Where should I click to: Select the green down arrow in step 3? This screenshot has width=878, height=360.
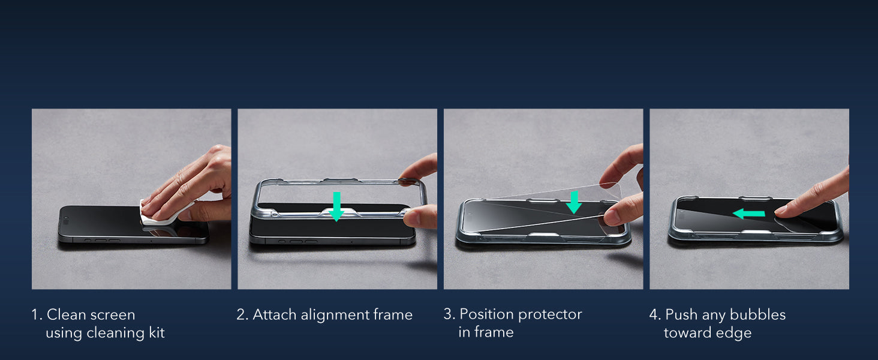(x=574, y=202)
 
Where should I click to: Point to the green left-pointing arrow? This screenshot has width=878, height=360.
(x=748, y=213)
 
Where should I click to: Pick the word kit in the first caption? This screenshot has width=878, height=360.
(x=156, y=333)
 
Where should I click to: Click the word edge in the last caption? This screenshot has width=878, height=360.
(x=735, y=333)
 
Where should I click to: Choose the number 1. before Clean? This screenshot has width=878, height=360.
(x=37, y=315)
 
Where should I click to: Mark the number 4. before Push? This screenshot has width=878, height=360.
(x=655, y=315)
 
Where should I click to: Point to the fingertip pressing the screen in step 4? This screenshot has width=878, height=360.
(x=781, y=211)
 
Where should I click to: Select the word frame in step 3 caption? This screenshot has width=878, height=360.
(x=495, y=332)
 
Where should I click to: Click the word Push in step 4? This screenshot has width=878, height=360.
(x=681, y=315)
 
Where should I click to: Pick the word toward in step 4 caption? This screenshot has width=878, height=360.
(x=687, y=333)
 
